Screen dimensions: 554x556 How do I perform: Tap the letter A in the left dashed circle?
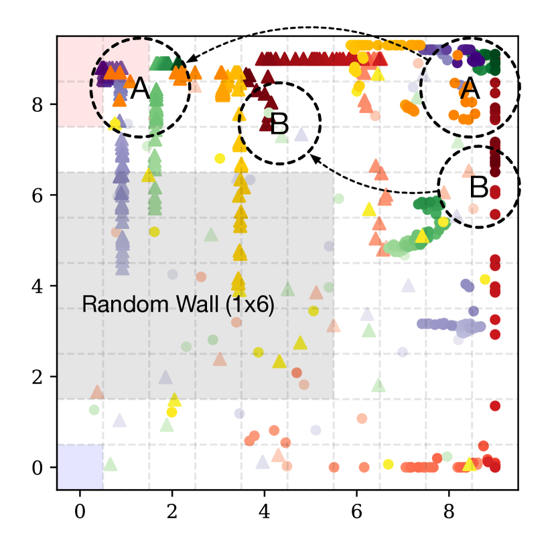(140, 88)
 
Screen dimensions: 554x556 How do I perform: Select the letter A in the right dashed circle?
(470, 88)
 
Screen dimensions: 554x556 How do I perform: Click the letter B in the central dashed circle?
(280, 124)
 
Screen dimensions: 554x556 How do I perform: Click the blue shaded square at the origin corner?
(80, 467)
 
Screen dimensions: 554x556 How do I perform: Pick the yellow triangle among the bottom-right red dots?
(469, 464)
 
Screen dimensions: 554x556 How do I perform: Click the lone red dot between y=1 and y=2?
(495, 405)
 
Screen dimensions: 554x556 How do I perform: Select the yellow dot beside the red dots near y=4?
(485, 279)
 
